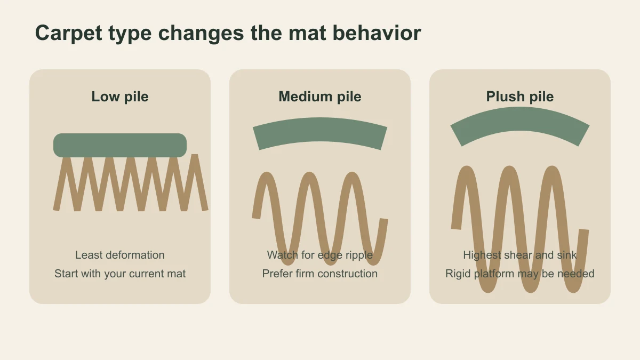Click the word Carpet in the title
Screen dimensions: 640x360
click(x=69, y=34)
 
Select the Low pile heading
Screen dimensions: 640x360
click(x=120, y=97)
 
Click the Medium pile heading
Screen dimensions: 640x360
click(x=320, y=97)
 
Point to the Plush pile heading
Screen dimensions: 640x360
click(x=520, y=97)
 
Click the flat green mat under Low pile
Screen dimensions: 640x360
click(x=120, y=145)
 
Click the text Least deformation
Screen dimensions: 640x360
click(x=120, y=255)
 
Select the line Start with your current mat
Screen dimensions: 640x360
click(x=120, y=274)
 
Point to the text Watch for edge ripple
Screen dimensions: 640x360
click(x=320, y=255)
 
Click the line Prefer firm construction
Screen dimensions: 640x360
click(x=320, y=274)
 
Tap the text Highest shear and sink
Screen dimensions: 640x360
click(x=520, y=255)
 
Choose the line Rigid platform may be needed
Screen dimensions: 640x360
click(x=520, y=274)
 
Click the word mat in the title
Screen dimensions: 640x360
click(x=307, y=34)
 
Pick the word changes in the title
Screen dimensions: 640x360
click(x=201, y=34)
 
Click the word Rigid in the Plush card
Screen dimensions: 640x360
click(x=458, y=274)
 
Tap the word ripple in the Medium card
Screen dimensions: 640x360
click(x=359, y=255)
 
